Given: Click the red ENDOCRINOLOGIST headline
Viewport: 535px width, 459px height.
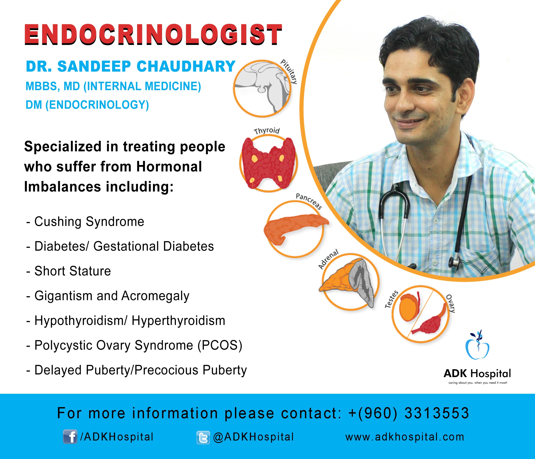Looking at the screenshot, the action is [153, 35].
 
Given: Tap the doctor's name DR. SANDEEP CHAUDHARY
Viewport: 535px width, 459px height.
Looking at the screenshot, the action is [131, 66].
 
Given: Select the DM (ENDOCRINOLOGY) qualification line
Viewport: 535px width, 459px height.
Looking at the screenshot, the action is [87, 105].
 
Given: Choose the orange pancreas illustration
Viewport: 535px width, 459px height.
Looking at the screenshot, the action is [296, 228].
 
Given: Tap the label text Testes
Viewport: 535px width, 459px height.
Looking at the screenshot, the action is [391, 299].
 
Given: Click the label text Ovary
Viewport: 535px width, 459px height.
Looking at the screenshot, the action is [451, 303].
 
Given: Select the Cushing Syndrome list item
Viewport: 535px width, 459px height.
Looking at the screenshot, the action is [85, 222].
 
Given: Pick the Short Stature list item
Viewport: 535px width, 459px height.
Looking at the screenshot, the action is [69, 271].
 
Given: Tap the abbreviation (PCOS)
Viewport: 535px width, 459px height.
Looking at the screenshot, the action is [220, 345].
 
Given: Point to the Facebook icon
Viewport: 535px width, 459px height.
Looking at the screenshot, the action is [70, 437].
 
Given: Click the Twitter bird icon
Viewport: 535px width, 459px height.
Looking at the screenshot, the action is [203, 437].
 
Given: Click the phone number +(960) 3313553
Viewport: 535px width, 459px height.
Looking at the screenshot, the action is [408, 413].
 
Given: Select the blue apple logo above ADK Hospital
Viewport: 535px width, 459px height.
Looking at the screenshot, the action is [477, 345].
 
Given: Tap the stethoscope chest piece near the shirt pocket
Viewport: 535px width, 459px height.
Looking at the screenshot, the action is [455, 263].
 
